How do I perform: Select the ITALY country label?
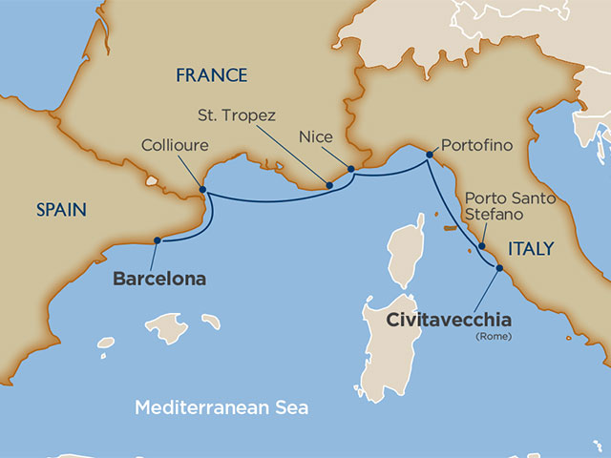point(530,248)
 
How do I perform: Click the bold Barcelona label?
point(159,280)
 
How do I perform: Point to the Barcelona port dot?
point(155,241)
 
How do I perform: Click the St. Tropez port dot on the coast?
point(328,185)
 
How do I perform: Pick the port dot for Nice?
point(351,170)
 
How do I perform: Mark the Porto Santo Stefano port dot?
point(481,246)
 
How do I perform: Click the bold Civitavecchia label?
point(448,320)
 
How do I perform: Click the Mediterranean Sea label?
point(221,407)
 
